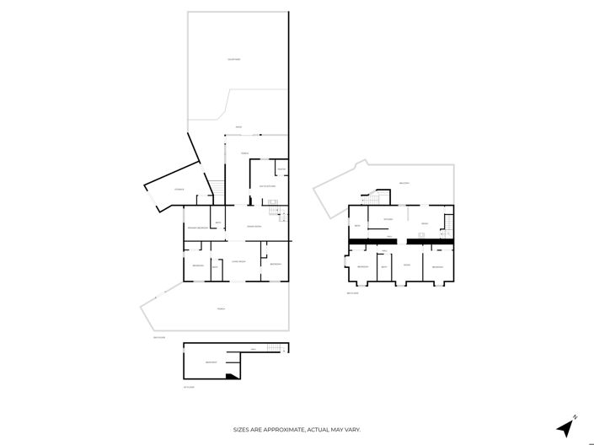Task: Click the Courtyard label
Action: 234,59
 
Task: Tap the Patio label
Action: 238,127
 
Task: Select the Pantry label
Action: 281,170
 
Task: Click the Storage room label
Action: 179,190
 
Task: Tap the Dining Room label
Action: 252,228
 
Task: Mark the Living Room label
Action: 238,262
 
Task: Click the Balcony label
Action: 404,183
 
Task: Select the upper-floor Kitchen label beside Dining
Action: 388,219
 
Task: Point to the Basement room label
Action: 211,363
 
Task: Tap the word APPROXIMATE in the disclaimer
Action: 280,430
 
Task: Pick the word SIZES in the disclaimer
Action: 243,430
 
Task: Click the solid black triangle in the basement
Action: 229,377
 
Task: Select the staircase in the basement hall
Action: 273,349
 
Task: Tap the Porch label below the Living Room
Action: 221,309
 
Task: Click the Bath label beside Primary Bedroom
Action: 217,222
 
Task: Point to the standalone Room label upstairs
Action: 406,265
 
